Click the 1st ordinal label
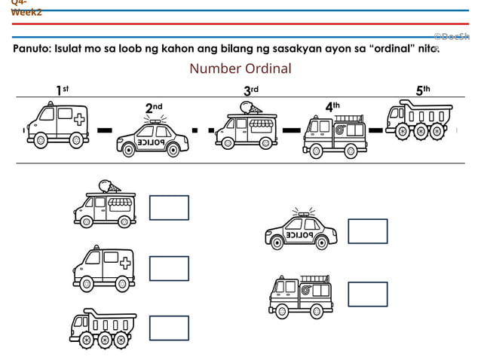[62, 90]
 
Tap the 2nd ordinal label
[153, 108]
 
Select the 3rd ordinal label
[250, 91]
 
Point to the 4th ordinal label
[332, 107]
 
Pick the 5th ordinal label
[422, 90]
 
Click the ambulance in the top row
[57, 124]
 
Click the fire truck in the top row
[334, 137]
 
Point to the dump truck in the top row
[420, 121]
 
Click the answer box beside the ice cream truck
[169, 207]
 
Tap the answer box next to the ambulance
[169, 268]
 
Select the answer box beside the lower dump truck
[169, 328]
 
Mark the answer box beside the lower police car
[367, 231]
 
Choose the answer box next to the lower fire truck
[367, 294]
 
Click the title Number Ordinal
[240, 69]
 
